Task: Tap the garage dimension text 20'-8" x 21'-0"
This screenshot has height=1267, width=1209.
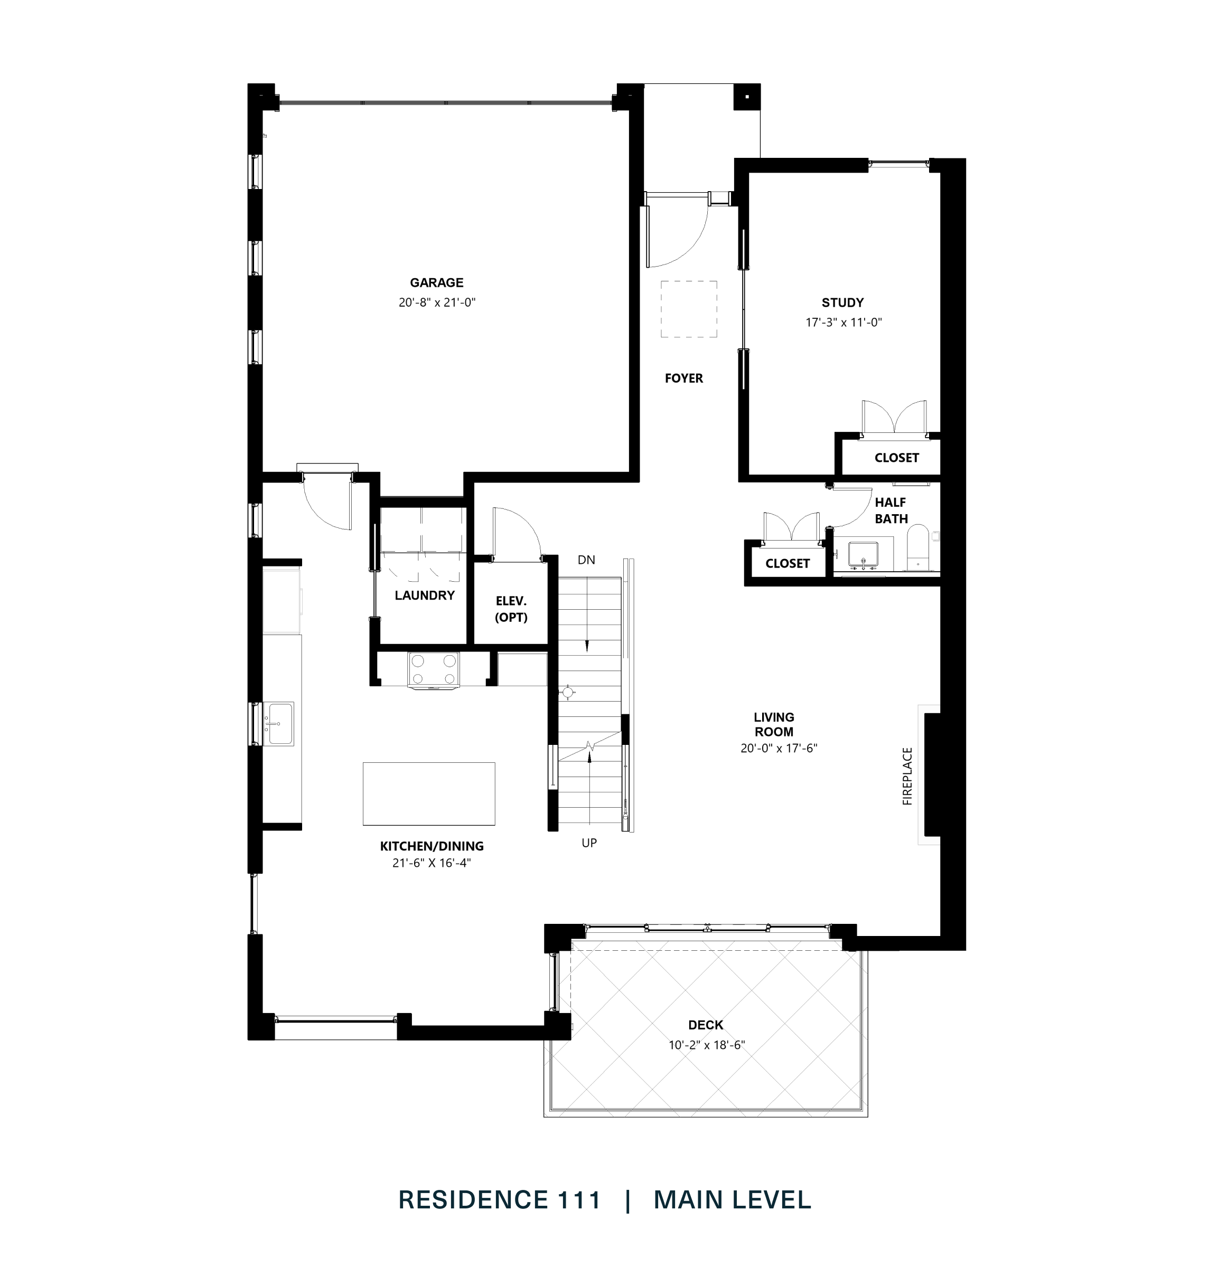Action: pyautogui.click(x=436, y=302)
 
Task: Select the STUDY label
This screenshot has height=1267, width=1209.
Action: pyautogui.click(x=842, y=302)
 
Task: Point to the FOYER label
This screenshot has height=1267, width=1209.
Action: pyautogui.click(x=684, y=378)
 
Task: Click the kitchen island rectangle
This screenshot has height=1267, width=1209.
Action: pyautogui.click(x=428, y=793)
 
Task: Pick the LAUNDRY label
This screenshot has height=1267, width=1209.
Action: pyautogui.click(x=425, y=595)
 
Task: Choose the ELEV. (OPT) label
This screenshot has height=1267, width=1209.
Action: pyautogui.click(x=511, y=609)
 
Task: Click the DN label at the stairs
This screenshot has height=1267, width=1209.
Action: pyautogui.click(x=586, y=560)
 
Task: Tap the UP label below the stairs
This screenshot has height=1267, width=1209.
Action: pyautogui.click(x=588, y=843)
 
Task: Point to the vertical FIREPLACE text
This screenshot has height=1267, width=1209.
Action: pyautogui.click(x=907, y=776)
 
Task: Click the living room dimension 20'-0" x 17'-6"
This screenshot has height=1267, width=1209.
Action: pyautogui.click(x=779, y=748)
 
